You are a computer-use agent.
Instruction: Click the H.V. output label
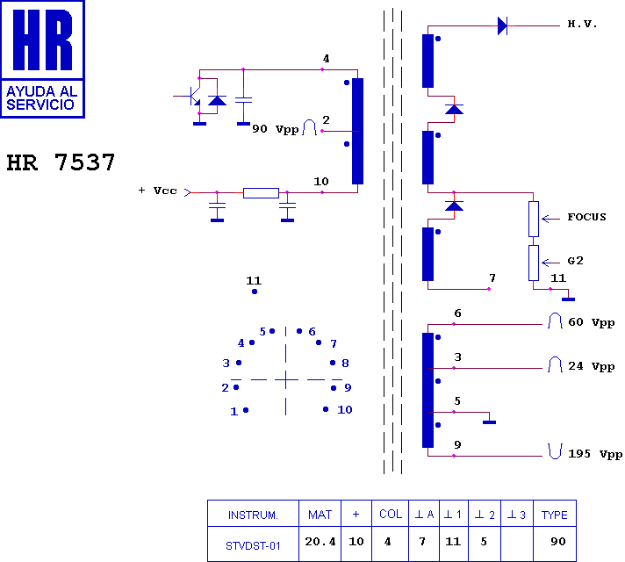[x=582, y=25]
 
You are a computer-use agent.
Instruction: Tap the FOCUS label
[x=586, y=218]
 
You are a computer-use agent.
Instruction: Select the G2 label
[x=576, y=261]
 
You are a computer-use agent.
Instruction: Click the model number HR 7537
[x=61, y=162]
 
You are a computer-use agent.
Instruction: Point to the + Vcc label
[x=158, y=191]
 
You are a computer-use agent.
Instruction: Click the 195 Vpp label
[x=595, y=454]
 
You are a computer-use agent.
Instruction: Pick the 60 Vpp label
[x=592, y=322]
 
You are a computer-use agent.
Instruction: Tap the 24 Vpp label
[x=592, y=366]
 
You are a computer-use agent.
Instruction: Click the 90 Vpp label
[x=276, y=129]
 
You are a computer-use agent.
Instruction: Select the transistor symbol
[x=192, y=96]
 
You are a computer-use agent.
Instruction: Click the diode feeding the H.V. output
[x=502, y=26]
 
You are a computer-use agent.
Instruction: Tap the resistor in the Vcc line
[x=261, y=193]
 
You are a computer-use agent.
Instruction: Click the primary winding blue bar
[x=357, y=131]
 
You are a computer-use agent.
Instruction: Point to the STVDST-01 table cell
[x=253, y=545]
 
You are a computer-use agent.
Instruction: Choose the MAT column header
[x=320, y=515]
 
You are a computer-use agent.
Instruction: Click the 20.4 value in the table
[x=320, y=542]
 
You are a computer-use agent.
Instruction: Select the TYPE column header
[x=555, y=515]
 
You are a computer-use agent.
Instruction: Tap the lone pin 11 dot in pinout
[x=255, y=292]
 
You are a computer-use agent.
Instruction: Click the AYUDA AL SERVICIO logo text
[x=42, y=98]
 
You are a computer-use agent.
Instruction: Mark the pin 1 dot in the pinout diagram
[x=246, y=410]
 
